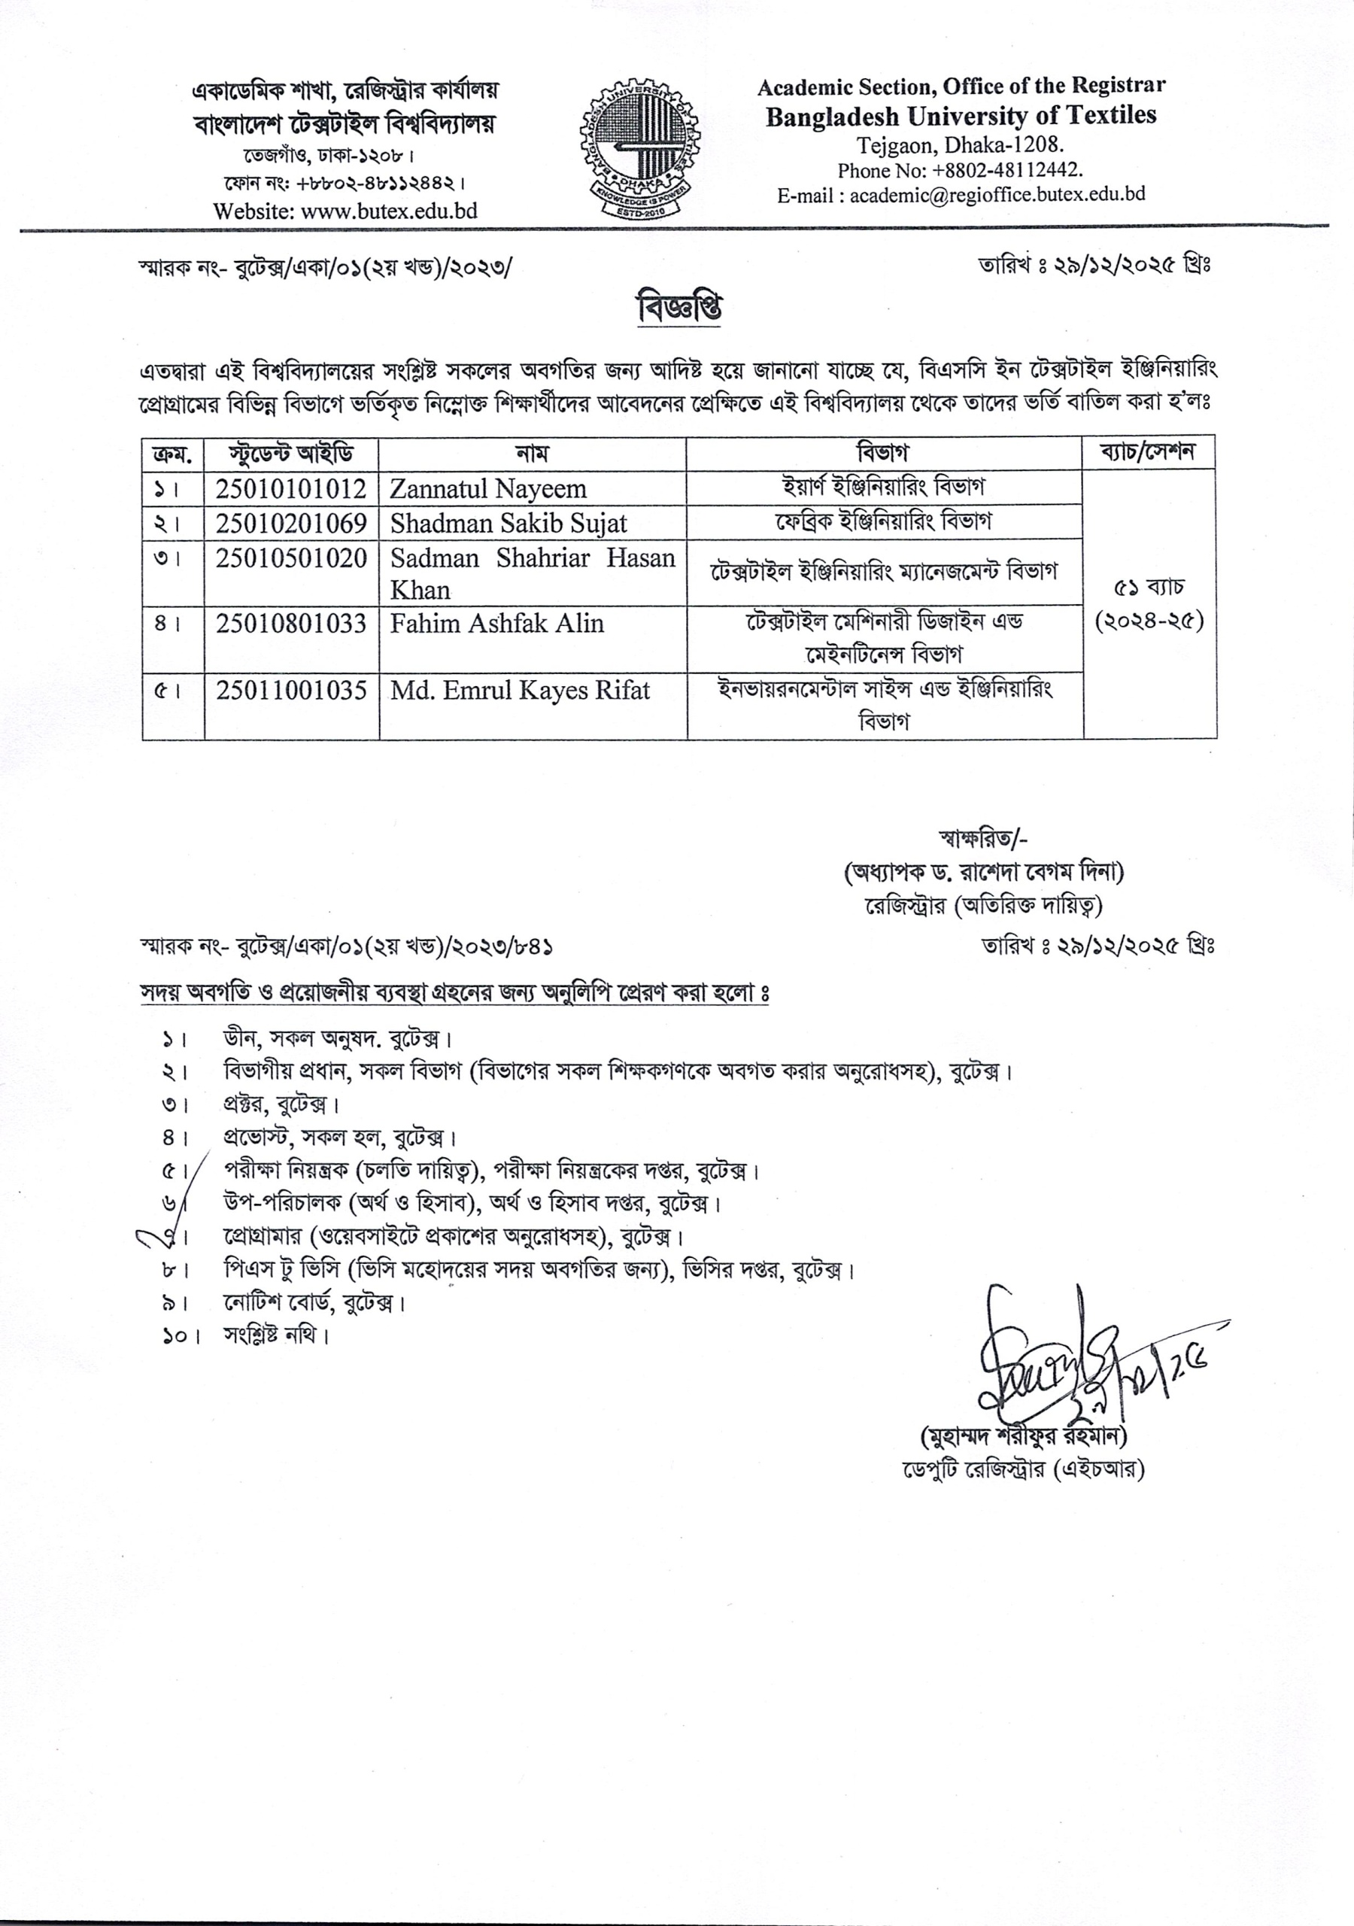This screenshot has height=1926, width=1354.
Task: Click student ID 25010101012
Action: pyautogui.click(x=291, y=488)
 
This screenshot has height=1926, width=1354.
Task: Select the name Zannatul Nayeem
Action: pyautogui.click(x=487, y=488)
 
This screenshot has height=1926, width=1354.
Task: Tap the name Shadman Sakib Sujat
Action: pyautogui.click(x=509, y=523)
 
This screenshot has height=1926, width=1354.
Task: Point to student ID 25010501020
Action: pyautogui.click(x=291, y=557)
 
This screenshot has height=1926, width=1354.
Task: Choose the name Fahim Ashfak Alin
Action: pyautogui.click(x=496, y=623)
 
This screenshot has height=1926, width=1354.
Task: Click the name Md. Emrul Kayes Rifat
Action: pyautogui.click(x=520, y=691)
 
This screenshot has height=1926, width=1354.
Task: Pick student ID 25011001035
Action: pyautogui.click(x=291, y=691)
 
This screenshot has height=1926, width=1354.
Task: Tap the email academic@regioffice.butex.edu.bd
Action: pyautogui.click(x=997, y=195)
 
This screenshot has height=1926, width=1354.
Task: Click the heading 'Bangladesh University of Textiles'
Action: pyautogui.click(x=961, y=116)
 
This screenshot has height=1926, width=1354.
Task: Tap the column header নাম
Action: pyautogui.click(x=532, y=454)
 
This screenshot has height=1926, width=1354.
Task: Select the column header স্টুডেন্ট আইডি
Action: pyautogui.click(x=291, y=454)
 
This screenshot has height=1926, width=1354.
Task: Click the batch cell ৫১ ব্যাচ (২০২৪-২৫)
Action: pyautogui.click(x=1149, y=604)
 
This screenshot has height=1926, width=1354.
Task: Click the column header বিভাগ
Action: pyautogui.click(x=883, y=454)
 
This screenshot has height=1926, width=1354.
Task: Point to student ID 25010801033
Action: pyautogui.click(x=291, y=623)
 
